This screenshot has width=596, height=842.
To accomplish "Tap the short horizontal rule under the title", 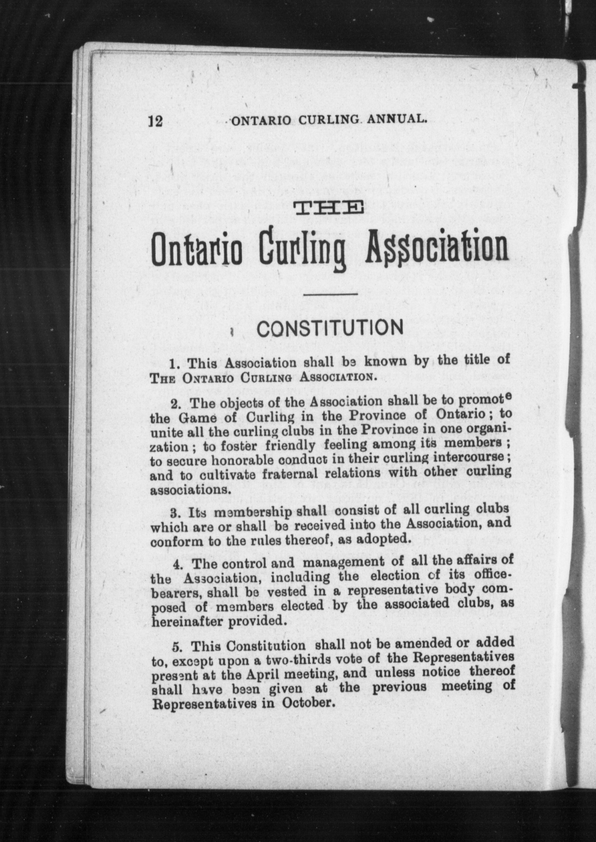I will tap(331, 294).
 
